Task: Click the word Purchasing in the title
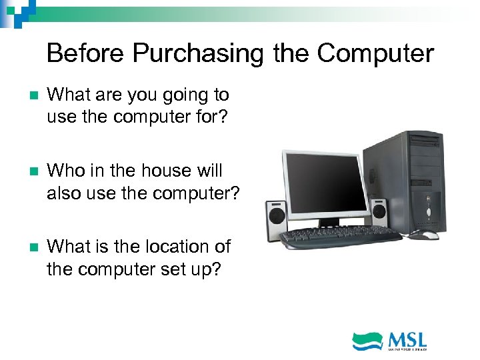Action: tap(198, 53)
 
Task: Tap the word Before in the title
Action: tap(86, 53)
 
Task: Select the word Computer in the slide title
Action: tap(375, 53)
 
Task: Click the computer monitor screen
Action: tap(325, 183)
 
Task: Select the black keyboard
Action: tap(340, 235)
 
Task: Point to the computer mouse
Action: tap(424, 235)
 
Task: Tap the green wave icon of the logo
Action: tap(367, 341)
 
